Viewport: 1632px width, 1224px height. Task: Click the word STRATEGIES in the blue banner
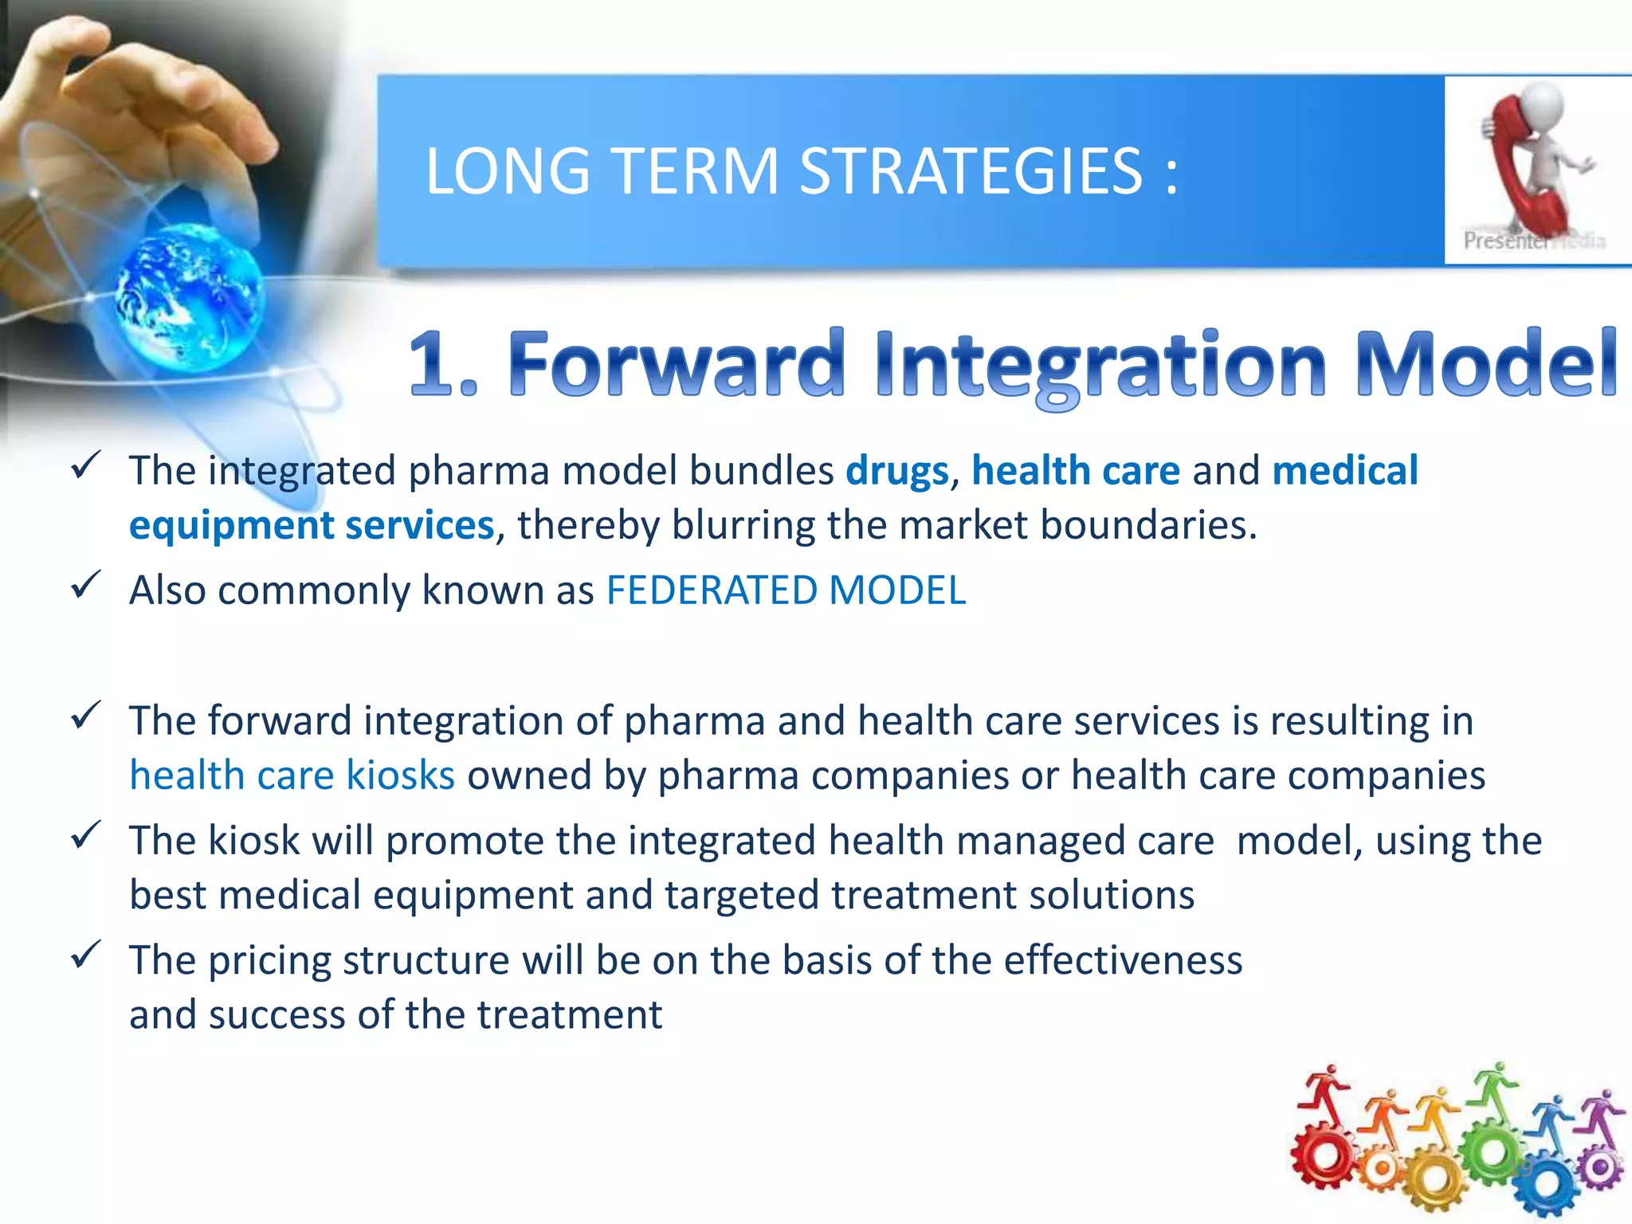point(971,171)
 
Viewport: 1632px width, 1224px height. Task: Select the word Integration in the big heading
point(1100,365)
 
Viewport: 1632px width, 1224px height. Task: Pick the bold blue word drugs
point(896,470)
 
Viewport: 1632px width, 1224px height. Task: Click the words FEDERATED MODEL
point(786,590)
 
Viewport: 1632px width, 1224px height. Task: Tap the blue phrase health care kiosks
point(292,775)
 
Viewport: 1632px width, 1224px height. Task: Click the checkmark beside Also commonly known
point(85,586)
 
